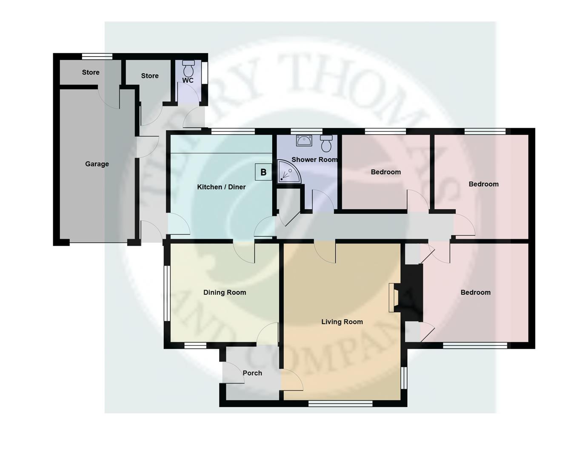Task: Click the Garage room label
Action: pyautogui.click(x=97, y=164)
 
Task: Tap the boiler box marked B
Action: pyautogui.click(x=263, y=172)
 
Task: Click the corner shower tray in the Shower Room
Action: pyautogui.click(x=288, y=172)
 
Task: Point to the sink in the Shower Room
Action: pyautogui.click(x=304, y=140)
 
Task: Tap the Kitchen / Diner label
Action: pyautogui.click(x=221, y=187)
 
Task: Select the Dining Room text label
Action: pyautogui.click(x=225, y=293)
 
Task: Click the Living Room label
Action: pyautogui.click(x=342, y=322)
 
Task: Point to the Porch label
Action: pyautogui.click(x=252, y=373)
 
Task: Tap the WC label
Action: pyautogui.click(x=188, y=80)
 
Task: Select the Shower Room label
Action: pyautogui.click(x=314, y=160)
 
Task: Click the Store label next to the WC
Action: pyautogui.click(x=150, y=76)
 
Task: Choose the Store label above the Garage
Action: pyautogui.click(x=91, y=72)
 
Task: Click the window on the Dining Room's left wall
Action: pyautogui.click(x=167, y=293)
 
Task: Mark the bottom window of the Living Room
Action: pyautogui.click(x=340, y=403)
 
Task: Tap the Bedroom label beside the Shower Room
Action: pyautogui.click(x=386, y=172)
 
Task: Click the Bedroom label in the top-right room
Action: pyautogui.click(x=483, y=184)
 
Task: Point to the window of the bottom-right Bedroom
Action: pyautogui.click(x=475, y=345)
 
